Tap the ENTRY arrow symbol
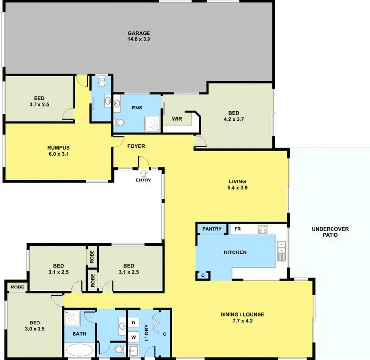click(144, 173)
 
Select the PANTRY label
click(211, 229)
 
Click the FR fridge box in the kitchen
click(237, 229)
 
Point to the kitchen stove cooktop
click(262, 229)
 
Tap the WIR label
click(177, 119)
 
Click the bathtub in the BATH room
click(78, 350)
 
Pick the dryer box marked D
click(134, 324)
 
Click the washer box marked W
click(134, 338)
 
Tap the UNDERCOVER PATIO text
click(330, 232)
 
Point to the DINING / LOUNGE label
click(242, 314)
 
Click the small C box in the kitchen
click(203, 275)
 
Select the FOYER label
click(136, 146)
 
